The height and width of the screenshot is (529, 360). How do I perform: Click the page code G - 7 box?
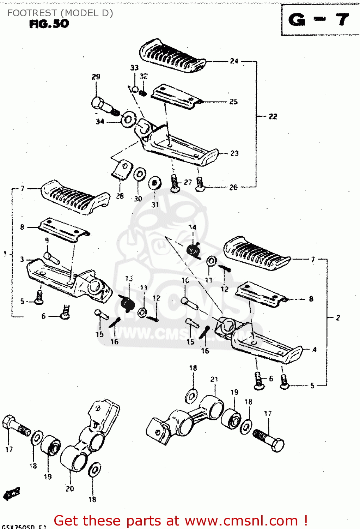(x=319, y=20)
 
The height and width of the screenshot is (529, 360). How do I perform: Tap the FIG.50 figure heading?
(x=49, y=24)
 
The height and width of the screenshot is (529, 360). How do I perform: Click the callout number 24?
(x=234, y=61)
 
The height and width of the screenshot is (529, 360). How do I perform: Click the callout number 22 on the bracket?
(x=273, y=116)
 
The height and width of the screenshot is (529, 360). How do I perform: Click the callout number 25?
(x=233, y=102)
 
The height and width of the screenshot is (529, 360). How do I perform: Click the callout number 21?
(x=214, y=379)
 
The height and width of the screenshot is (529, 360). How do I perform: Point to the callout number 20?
(x=70, y=488)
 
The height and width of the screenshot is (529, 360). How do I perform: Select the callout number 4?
(x=314, y=349)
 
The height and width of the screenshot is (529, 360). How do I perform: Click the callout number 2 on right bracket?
(x=338, y=318)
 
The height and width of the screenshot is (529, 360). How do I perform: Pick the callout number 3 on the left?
(x=22, y=260)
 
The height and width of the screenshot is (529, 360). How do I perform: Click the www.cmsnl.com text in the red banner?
(x=241, y=521)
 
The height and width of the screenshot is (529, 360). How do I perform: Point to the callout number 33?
(x=134, y=67)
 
